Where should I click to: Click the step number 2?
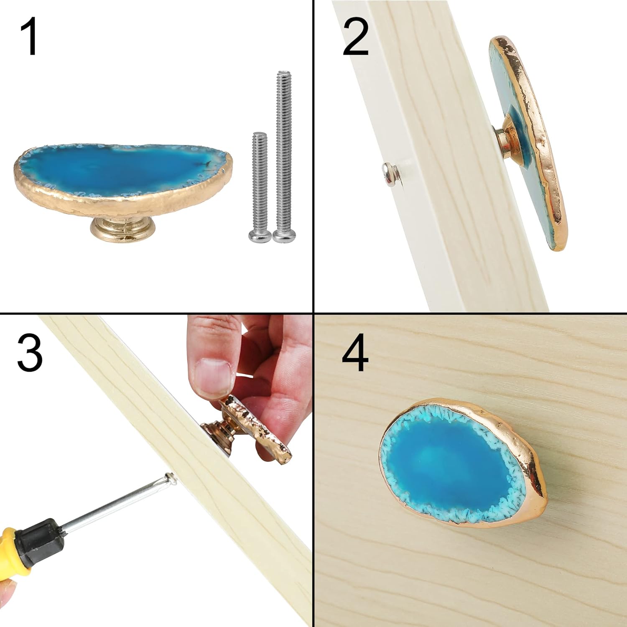tap(355, 39)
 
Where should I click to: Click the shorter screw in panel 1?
tap(259, 184)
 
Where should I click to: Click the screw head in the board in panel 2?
tap(388, 173)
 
